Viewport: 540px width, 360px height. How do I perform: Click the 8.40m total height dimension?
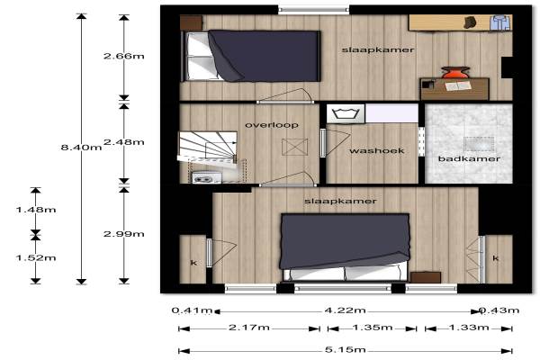(x=81, y=148)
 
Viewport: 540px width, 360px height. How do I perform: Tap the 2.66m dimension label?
(x=124, y=56)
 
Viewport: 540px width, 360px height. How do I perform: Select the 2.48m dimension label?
(x=124, y=142)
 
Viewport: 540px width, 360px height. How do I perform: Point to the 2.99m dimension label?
(x=124, y=234)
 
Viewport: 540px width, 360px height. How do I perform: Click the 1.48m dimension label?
(x=36, y=210)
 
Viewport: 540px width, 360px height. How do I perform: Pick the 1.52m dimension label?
(x=36, y=257)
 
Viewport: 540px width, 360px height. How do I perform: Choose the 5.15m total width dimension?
(x=346, y=350)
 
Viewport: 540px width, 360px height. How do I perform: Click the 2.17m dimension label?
(x=249, y=327)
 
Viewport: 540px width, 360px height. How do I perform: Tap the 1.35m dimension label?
(x=373, y=327)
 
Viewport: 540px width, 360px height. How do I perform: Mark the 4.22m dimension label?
(x=346, y=310)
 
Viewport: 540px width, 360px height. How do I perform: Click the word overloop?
(x=272, y=125)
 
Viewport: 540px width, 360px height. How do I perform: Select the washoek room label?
(x=377, y=150)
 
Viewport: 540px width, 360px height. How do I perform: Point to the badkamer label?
(x=469, y=158)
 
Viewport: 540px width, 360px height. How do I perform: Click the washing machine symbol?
(x=346, y=113)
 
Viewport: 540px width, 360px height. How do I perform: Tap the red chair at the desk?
(x=454, y=72)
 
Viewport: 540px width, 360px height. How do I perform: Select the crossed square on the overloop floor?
(x=295, y=147)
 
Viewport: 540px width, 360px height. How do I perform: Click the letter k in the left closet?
(x=193, y=263)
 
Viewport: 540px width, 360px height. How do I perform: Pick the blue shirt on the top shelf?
(x=500, y=22)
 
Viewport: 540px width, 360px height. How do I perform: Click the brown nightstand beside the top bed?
(x=191, y=22)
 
